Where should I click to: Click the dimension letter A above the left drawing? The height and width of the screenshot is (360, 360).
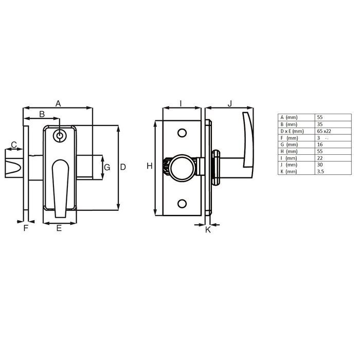[x=58, y=103]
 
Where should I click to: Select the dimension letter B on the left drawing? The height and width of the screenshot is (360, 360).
[x=42, y=113]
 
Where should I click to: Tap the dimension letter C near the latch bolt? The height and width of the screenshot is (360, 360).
[x=14, y=144]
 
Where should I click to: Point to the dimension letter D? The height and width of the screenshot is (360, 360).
[x=123, y=167]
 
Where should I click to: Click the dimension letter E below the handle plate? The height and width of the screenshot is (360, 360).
[x=59, y=228]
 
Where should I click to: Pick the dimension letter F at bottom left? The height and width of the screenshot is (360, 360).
[x=25, y=228]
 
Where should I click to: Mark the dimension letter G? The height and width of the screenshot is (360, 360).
[x=107, y=168]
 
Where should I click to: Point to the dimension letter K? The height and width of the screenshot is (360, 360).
[x=208, y=230]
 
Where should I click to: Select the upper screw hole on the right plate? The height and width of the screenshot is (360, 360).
[x=181, y=133]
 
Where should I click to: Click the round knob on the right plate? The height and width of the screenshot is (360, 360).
[x=183, y=166]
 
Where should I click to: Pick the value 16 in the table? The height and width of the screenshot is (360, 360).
[x=320, y=145]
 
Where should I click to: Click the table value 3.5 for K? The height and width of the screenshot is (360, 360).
[x=320, y=171]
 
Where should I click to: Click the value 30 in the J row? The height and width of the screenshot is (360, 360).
[x=320, y=165]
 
